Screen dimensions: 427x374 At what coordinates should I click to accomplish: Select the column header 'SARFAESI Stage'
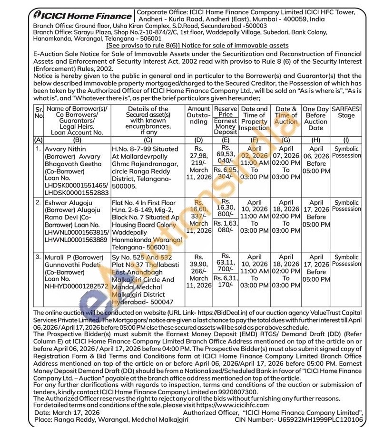tap(346, 112)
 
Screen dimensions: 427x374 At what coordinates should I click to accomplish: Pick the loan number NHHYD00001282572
tap(76, 287)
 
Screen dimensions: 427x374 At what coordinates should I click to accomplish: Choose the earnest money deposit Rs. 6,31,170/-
tap(225, 282)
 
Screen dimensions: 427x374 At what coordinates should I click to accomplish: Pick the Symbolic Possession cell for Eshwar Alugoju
tap(346, 206)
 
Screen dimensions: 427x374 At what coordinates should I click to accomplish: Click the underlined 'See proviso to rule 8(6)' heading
tap(197, 46)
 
